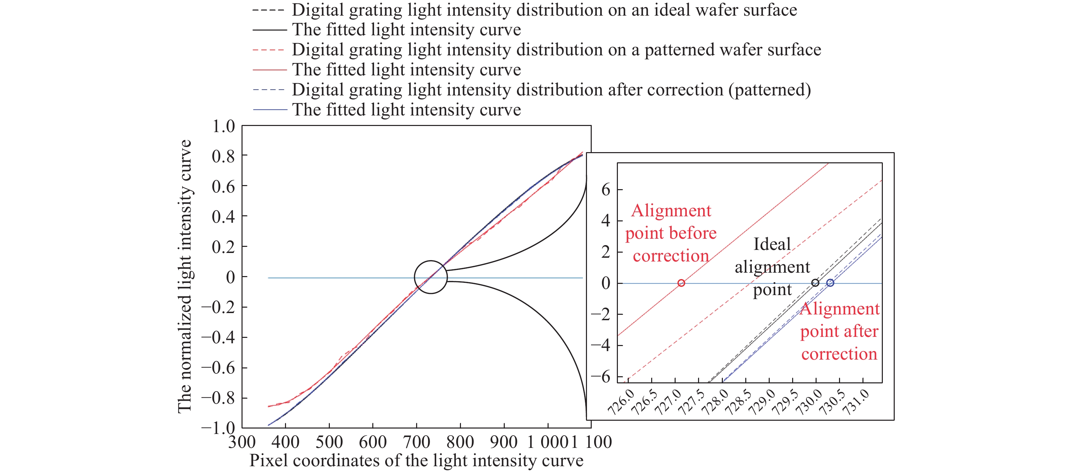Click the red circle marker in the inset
coord(681,283)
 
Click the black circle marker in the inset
coord(815,283)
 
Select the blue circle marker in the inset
coord(830,283)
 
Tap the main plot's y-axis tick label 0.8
coord(224,157)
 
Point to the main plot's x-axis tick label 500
coord(329,442)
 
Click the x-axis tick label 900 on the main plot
coord(504,442)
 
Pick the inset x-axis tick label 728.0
coord(714,403)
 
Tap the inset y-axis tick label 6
coord(606,190)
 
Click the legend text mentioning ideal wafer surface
coord(544,10)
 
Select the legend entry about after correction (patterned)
coord(551,90)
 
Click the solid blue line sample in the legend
coord(270,110)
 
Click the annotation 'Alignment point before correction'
coord(671,233)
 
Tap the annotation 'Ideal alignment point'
coord(772,267)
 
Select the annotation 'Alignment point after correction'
coord(839,331)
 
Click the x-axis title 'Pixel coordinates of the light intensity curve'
coord(416,461)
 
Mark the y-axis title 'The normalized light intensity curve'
coord(185,276)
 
